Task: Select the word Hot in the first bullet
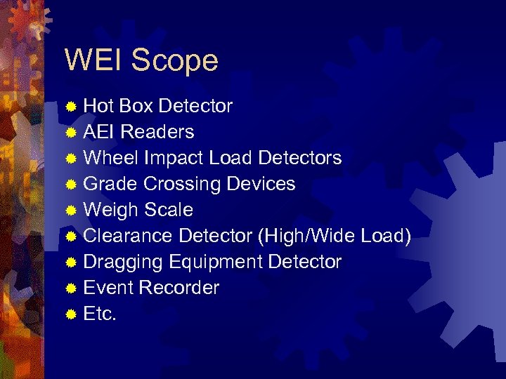99,106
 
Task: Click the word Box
137,106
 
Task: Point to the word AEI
100,132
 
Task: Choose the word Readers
157,132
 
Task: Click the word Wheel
111,158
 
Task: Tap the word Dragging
124,262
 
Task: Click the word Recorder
179,288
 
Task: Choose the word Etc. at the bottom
100,314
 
